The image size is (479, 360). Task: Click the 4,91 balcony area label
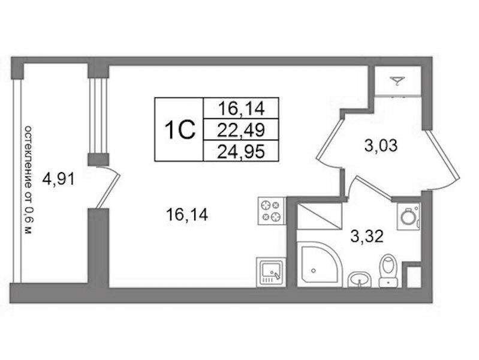click(x=59, y=179)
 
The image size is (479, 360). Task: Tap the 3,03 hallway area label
click(x=381, y=145)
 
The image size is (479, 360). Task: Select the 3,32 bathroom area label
click(x=367, y=236)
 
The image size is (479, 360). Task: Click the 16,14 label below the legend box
click(x=187, y=214)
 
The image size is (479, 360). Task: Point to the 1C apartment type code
click(x=180, y=130)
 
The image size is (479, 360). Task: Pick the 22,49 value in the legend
click(x=241, y=131)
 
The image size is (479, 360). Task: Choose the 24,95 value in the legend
click(x=241, y=151)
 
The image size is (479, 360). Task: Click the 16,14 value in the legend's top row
click(x=241, y=109)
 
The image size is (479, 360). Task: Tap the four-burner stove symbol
click(x=272, y=211)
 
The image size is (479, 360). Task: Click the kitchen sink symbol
click(x=270, y=272)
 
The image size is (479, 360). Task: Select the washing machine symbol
click(x=408, y=216)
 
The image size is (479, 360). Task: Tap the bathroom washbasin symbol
click(x=360, y=280)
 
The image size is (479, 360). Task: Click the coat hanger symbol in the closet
click(x=397, y=81)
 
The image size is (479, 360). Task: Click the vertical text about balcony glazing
click(x=28, y=180)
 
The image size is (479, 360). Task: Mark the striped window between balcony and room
click(x=98, y=116)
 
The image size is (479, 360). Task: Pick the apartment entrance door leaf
click(x=442, y=155)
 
